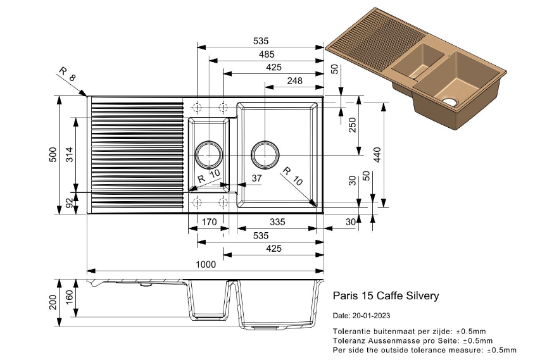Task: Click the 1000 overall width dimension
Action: (206, 264)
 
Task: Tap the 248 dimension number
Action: (294, 80)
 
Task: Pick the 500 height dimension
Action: (54, 155)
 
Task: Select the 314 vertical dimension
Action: (70, 155)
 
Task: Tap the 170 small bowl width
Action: (210, 222)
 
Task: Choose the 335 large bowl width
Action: (277, 222)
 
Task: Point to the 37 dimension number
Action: (256, 179)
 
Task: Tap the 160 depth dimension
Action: (70, 296)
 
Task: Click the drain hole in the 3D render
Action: (450, 101)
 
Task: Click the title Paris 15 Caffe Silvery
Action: (386, 295)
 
